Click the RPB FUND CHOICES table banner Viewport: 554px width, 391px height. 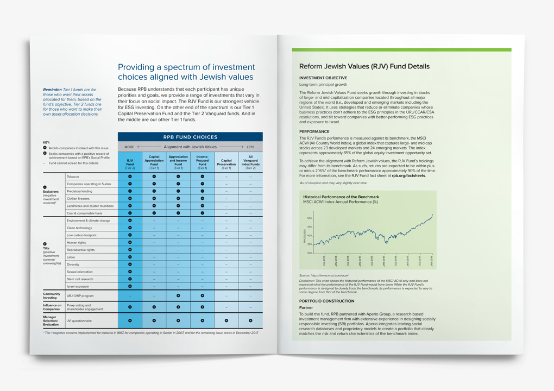190,137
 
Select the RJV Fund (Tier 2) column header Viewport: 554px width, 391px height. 130,163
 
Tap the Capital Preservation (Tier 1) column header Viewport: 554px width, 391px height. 226,163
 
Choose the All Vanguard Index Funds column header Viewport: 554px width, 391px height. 250,162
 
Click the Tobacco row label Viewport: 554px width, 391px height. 73,176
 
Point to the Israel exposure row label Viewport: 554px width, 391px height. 78,286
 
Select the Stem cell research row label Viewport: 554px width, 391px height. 81,279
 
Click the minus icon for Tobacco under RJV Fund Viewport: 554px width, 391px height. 130,176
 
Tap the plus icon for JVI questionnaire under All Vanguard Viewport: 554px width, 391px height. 250,320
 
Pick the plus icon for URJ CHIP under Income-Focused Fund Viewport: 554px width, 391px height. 203,296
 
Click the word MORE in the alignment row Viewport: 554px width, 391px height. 129,147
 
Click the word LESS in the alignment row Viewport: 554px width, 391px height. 250,147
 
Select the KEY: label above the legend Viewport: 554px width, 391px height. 46,142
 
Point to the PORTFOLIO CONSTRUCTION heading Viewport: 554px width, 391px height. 326,301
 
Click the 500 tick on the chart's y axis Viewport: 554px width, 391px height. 310,218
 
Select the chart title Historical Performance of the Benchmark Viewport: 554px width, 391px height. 341,197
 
